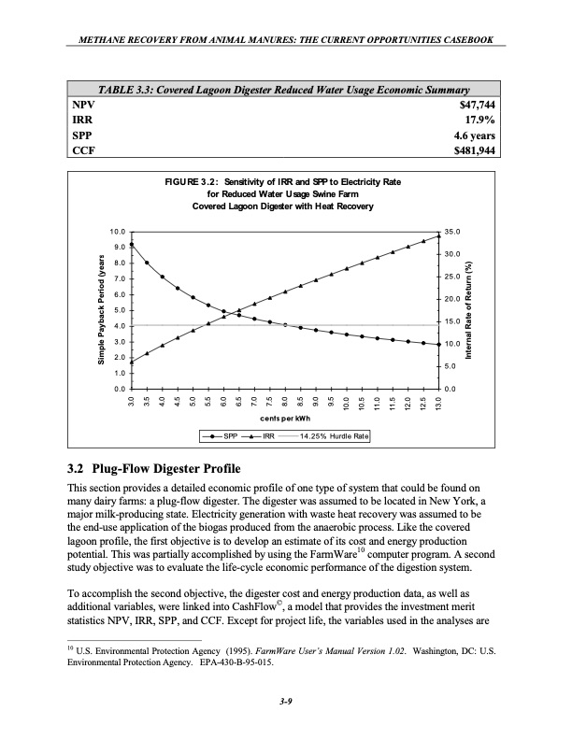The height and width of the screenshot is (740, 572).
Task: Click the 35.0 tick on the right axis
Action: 453,231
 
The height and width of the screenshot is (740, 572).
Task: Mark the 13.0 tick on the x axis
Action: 438,402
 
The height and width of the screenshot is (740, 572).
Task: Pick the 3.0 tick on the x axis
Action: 132,402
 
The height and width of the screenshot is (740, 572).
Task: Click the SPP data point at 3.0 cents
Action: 132,245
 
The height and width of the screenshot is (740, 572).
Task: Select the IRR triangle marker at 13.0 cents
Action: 438,235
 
